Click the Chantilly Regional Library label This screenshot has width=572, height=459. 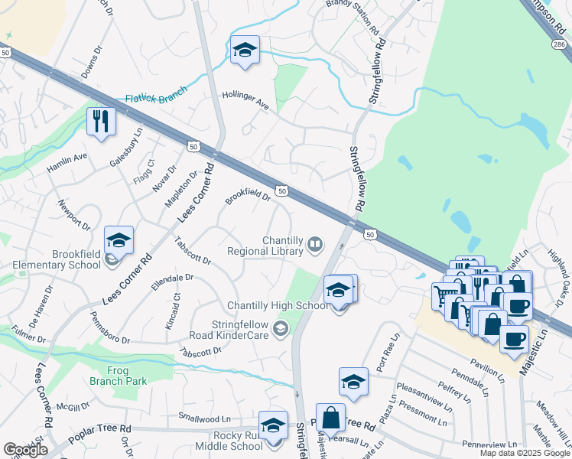(267, 245)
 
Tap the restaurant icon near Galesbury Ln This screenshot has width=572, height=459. (100, 121)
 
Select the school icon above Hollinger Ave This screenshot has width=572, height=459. (244, 50)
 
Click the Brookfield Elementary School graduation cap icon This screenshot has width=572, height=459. (119, 241)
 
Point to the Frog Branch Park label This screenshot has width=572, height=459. (127, 376)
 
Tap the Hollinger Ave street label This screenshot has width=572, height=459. (245, 99)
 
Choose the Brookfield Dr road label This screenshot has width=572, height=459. (248, 199)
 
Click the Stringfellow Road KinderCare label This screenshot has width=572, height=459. (234, 328)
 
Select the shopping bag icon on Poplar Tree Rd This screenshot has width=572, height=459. (330, 418)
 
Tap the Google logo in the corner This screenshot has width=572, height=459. (25, 450)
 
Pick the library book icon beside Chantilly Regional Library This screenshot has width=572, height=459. (314, 245)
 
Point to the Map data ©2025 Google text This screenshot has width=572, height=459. (525, 453)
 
